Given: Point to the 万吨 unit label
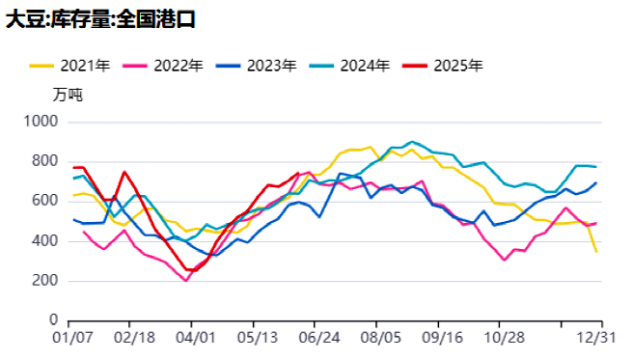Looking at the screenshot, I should point(69,95).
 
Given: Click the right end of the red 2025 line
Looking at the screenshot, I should point(298,174).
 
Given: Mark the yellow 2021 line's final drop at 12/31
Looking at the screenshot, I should point(596,251).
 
